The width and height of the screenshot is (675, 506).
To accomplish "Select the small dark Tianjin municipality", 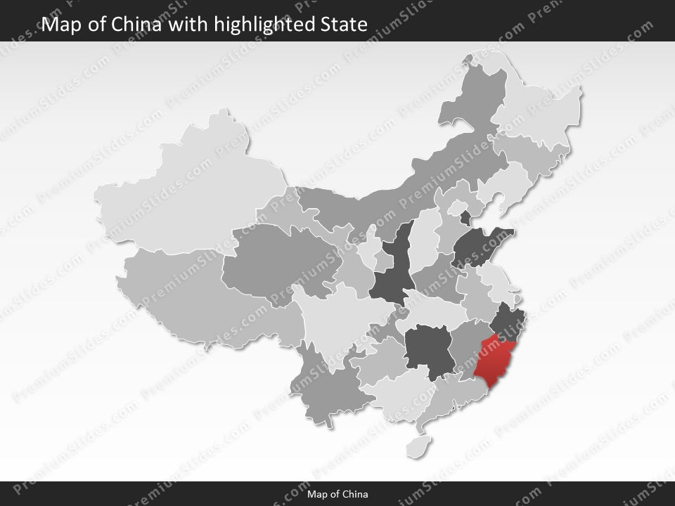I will [465, 217].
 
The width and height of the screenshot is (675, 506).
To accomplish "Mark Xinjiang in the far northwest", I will [190, 183].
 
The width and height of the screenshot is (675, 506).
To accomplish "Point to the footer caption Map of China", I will [337, 494].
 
